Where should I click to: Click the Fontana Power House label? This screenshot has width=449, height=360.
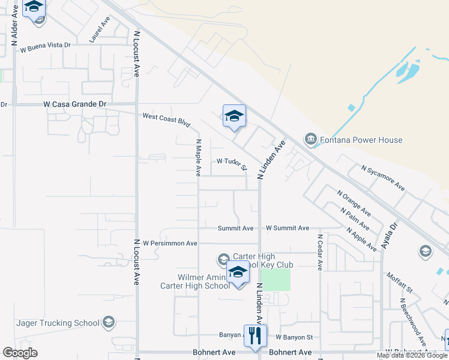coord(360,140)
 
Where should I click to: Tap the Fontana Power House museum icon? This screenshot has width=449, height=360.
coord(311,140)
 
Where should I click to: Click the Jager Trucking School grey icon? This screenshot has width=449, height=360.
coord(109,323)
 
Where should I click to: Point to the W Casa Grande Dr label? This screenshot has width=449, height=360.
coord(75,104)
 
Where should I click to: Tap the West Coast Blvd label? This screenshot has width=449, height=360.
coord(166,119)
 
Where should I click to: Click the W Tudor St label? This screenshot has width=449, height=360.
coord(232,163)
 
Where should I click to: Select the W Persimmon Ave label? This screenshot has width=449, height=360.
coord(170,243)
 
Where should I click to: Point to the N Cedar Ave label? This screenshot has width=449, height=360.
coord(320,252)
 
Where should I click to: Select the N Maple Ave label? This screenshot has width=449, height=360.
coord(198,157)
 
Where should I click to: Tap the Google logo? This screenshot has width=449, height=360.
coord(20,353)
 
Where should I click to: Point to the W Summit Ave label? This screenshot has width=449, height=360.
coord(288,228)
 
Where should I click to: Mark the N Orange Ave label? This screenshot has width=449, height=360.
coord(354,204)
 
